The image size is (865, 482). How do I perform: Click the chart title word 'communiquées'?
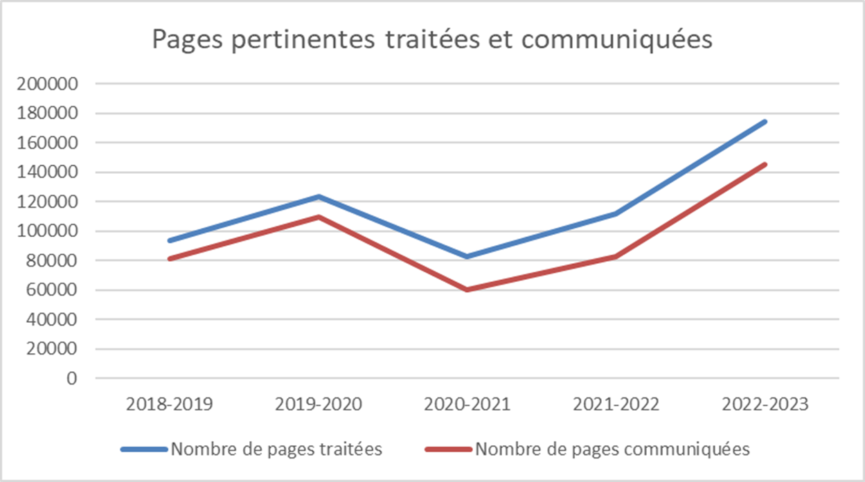(616, 40)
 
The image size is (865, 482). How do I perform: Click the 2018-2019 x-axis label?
(169, 404)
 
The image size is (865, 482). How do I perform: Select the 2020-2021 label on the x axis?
(467, 404)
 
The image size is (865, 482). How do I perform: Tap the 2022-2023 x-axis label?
(765, 404)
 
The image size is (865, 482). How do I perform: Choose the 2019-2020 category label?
(318, 404)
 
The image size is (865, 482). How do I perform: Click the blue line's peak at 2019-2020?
(319, 197)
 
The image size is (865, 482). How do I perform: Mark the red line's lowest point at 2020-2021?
(467, 289)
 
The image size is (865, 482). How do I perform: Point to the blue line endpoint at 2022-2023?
(765, 122)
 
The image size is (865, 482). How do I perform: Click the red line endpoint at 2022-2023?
(765, 164)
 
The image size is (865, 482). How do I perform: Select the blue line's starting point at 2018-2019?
(170, 240)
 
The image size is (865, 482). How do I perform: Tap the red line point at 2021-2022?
(616, 256)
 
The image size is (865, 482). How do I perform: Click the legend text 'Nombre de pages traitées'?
(276, 449)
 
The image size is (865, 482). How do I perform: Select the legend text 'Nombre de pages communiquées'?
(612, 449)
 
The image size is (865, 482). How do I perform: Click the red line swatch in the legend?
(447, 449)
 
